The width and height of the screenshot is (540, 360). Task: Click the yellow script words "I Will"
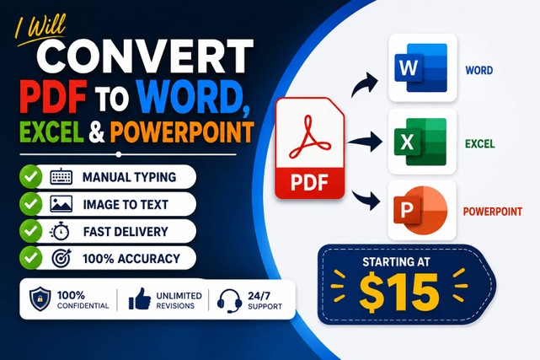point(40,30)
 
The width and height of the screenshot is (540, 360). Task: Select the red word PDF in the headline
point(52,97)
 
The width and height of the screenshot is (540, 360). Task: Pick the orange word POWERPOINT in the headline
point(182,132)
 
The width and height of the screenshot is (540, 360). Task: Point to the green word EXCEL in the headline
point(51,132)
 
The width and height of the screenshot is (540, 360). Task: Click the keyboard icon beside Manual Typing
point(61,177)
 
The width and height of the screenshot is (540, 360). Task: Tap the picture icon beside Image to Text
point(61,204)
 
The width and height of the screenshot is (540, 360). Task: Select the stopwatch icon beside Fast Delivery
point(60,231)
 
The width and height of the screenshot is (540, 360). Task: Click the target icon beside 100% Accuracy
point(61,258)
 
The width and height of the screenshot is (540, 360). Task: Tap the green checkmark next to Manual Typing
point(31,177)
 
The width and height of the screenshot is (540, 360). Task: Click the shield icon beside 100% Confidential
point(40,299)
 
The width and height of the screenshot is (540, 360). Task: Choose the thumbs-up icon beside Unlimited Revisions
point(140,299)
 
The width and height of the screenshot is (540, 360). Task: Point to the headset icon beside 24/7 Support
point(229,300)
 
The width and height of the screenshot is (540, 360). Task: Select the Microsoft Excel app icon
point(422,142)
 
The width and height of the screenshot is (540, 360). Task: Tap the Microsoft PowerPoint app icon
point(422,210)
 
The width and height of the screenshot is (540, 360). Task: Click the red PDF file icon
point(310,148)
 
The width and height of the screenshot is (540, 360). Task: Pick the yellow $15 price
point(399,293)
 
